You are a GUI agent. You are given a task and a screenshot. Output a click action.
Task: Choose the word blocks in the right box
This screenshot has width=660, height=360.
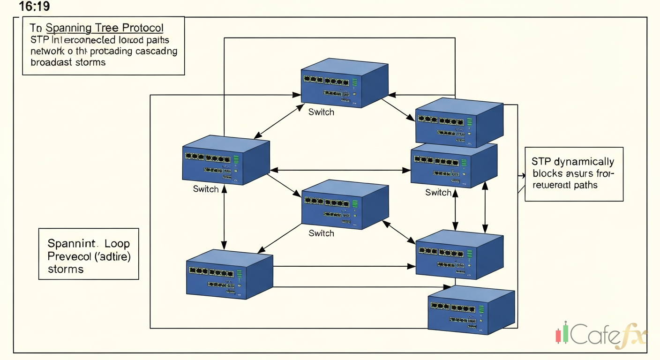546,173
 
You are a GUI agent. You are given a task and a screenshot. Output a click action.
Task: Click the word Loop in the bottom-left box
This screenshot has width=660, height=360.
117,244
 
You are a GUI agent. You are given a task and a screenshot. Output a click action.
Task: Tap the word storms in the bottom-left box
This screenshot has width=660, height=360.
66,269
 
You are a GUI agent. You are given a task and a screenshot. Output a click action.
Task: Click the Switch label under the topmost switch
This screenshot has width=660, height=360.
321,112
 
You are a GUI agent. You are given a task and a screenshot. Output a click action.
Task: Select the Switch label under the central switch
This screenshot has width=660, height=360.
321,233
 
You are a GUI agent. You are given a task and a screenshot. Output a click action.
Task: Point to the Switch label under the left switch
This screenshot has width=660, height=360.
206,189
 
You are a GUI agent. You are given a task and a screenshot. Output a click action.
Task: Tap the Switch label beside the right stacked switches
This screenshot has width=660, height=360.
438,192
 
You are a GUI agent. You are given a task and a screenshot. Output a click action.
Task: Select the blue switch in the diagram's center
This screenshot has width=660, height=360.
345,206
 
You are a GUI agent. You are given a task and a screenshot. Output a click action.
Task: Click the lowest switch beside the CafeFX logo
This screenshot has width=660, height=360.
471,310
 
